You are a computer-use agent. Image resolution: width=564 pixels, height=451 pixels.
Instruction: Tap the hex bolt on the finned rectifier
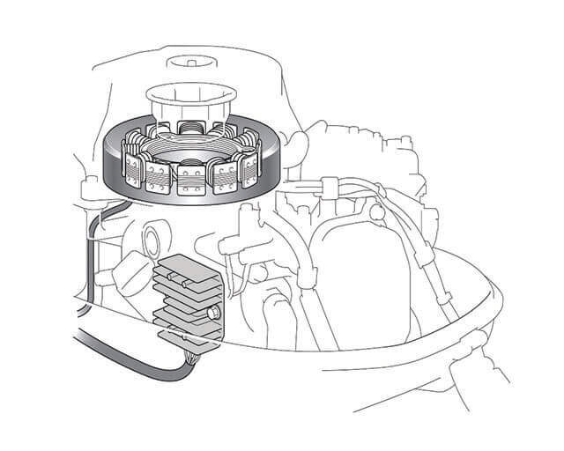(x=213, y=313)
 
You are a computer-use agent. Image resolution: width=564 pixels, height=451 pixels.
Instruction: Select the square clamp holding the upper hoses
(x=325, y=188)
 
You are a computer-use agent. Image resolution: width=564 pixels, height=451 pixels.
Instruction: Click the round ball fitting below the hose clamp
(x=378, y=211)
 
